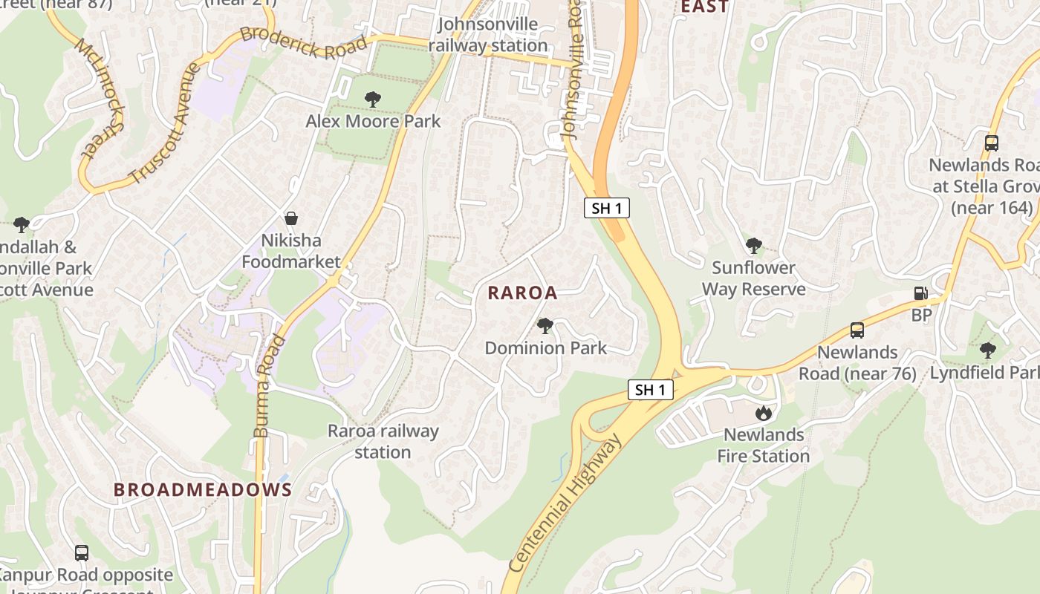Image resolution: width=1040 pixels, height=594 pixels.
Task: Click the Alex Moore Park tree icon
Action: (x=373, y=99)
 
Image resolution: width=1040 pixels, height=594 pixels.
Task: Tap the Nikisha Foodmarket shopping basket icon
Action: (x=291, y=218)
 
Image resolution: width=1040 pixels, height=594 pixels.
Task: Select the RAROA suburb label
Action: (x=522, y=293)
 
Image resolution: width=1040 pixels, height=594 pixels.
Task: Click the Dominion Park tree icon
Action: (x=545, y=325)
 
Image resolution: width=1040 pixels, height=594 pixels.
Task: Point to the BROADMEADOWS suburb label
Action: (x=203, y=490)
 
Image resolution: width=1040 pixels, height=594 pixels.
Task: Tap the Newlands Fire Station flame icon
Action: (x=764, y=413)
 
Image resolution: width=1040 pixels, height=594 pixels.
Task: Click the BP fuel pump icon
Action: (x=921, y=293)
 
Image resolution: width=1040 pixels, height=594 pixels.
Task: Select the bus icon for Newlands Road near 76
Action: (x=857, y=330)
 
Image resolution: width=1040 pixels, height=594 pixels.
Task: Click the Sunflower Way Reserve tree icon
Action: (x=754, y=245)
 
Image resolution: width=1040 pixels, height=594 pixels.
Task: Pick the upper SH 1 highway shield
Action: (x=607, y=209)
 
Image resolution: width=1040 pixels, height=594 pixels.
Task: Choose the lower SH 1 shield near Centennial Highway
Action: (x=651, y=390)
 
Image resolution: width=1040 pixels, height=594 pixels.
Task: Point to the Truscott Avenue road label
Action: (x=165, y=123)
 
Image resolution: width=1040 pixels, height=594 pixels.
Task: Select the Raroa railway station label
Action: (x=383, y=441)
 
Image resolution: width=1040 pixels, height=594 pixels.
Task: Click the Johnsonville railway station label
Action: (x=487, y=34)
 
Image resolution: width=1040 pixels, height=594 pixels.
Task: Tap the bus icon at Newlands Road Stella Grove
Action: (x=991, y=143)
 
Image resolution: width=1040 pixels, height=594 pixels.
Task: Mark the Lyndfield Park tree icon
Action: (x=987, y=350)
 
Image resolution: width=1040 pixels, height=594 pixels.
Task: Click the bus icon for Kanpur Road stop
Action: (x=82, y=553)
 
